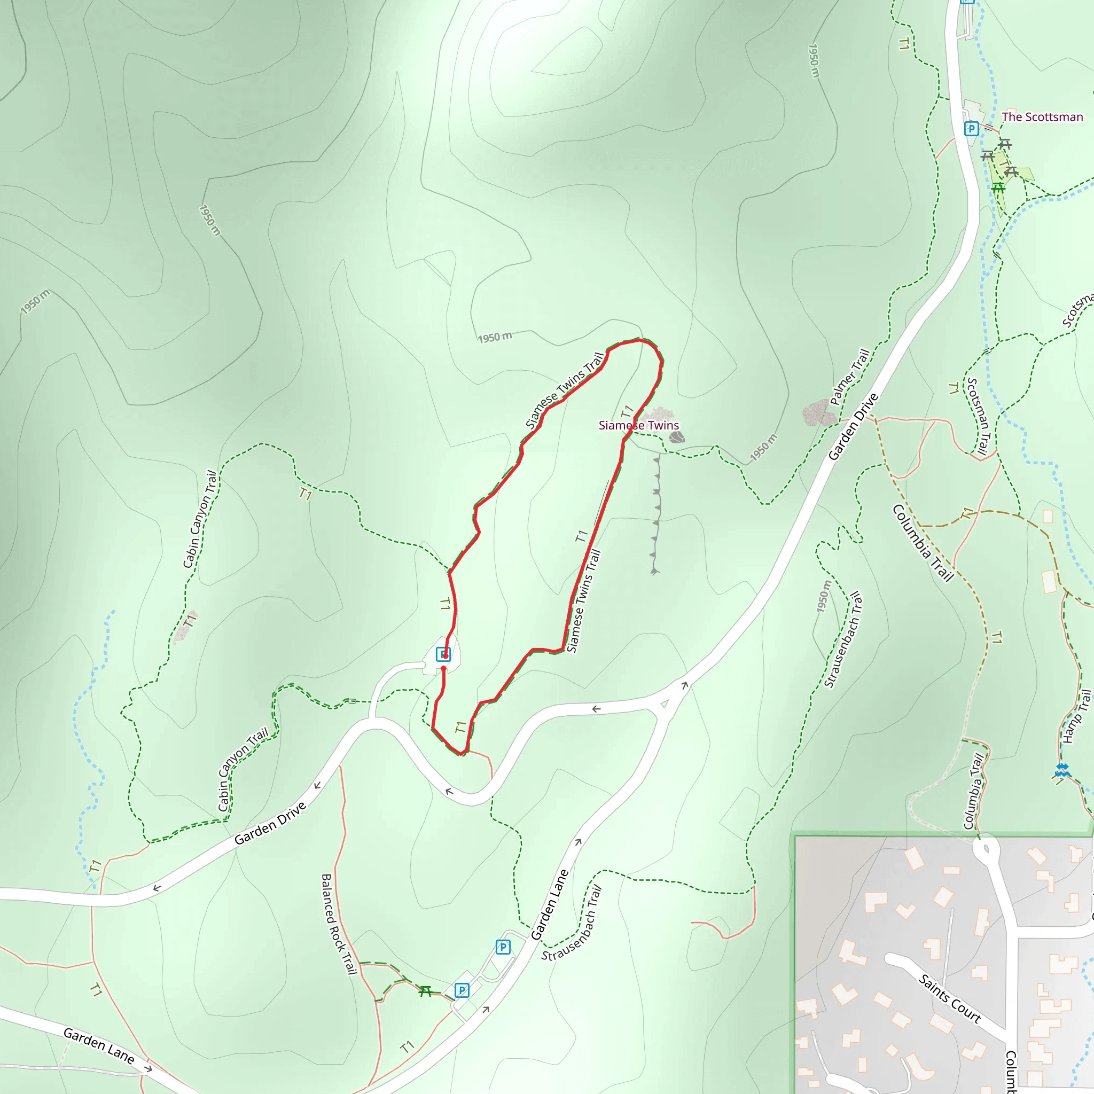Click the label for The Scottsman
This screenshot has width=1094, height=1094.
pos(1042,117)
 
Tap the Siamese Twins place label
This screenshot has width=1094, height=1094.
pos(639,425)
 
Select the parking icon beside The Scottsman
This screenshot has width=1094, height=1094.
pos(971,129)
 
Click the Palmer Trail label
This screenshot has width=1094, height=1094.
pos(849,377)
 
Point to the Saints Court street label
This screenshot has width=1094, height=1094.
pos(950,998)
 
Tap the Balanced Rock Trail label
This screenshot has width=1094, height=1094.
pos(339,924)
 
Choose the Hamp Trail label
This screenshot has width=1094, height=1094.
pos(1077,716)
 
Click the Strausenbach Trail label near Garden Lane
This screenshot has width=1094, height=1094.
pos(572,924)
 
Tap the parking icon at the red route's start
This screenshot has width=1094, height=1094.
pos(443,654)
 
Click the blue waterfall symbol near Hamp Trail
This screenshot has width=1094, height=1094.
pos(1062,770)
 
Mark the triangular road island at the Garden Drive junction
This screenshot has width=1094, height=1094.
pos(665,704)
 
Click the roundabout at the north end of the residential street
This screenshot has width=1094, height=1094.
pos(986,849)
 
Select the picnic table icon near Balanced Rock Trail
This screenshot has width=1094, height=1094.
pos(425,990)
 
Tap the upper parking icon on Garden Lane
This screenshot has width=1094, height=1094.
pos(502,947)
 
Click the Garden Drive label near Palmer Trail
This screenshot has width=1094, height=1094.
pos(853,426)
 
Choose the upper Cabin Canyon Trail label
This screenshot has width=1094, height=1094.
pos(200,519)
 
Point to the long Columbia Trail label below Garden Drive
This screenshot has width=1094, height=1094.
pos(924,543)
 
